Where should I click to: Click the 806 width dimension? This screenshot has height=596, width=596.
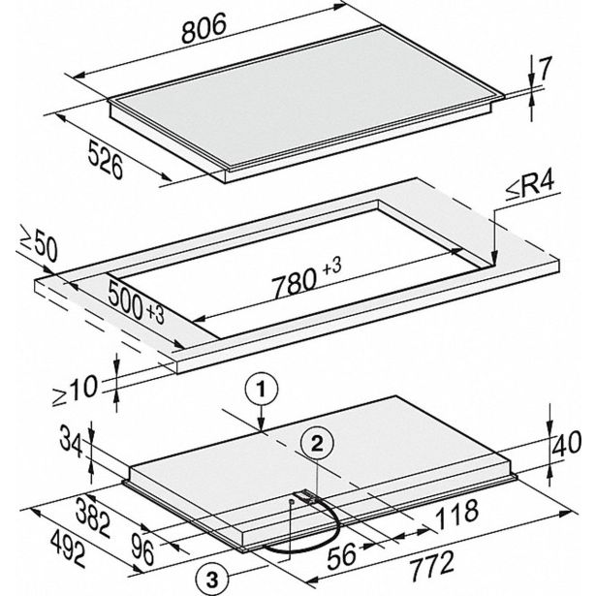pos(204,27)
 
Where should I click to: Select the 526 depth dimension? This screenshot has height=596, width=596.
pos(106,159)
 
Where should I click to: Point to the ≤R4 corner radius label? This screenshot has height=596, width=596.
pos(530,187)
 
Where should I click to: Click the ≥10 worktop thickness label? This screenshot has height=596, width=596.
pos(76,391)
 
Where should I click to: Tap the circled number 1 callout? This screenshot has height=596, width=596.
pos(261,390)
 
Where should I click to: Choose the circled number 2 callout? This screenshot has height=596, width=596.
pos(317,444)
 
